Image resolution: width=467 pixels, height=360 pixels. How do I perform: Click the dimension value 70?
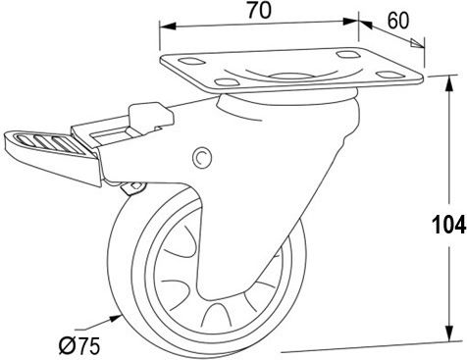[259, 10]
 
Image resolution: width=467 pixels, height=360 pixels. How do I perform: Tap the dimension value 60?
[398, 21]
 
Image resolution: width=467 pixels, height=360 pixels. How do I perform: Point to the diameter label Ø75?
[79, 345]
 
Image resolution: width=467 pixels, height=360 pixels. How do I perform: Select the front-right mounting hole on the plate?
[389, 75]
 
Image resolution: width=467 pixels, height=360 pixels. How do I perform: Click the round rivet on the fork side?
[202, 157]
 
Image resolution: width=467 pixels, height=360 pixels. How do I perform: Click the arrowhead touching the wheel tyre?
[115, 317]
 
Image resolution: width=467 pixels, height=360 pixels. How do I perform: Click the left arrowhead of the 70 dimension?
[168, 26]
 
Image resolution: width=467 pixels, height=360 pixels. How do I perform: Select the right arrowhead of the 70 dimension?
[350, 22]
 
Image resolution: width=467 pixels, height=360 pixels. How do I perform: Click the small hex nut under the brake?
[134, 188]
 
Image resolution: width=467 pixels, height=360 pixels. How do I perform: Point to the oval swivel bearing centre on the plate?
[288, 77]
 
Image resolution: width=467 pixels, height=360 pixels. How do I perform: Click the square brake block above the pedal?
[150, 116]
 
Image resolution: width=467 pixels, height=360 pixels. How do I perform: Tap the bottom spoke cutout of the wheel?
[215, 315]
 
